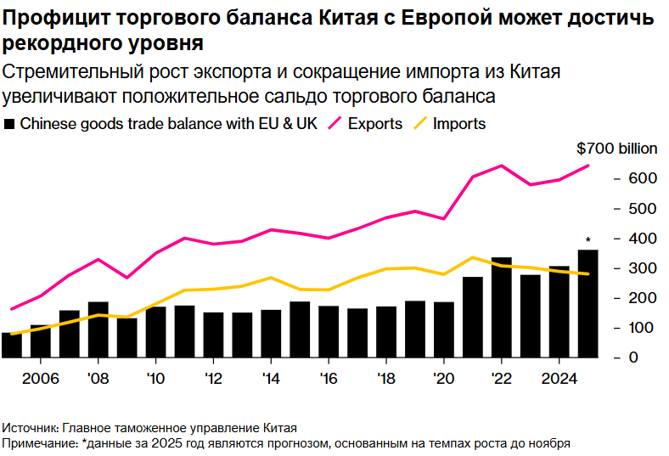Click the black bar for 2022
point(502,307)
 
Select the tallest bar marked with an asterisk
point(588,304)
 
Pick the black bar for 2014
point(271,333)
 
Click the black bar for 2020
point(444,329)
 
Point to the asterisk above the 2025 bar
point(588,240)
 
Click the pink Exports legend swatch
point(332,124)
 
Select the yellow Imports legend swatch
point(418,124)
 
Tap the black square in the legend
point(10,124)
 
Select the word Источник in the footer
point(29,427)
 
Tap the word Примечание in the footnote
point(37,442)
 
